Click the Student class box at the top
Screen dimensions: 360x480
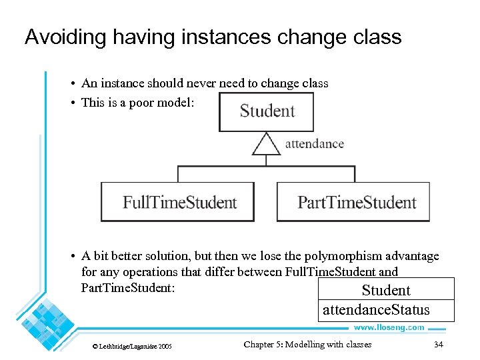point(267,111)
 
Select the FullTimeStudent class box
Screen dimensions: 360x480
point(177,202)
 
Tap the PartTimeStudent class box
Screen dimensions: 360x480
point(353,202)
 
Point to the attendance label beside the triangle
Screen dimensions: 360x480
point(315,143)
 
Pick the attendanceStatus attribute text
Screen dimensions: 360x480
point(376,310)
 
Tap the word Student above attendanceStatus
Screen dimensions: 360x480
point(386,290)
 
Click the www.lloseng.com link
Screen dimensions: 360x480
point(389,327)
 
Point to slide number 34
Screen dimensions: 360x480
point(438,345)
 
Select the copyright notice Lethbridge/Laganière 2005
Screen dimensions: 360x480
point(132,346)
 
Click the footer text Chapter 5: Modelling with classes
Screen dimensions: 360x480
point(307,345)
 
